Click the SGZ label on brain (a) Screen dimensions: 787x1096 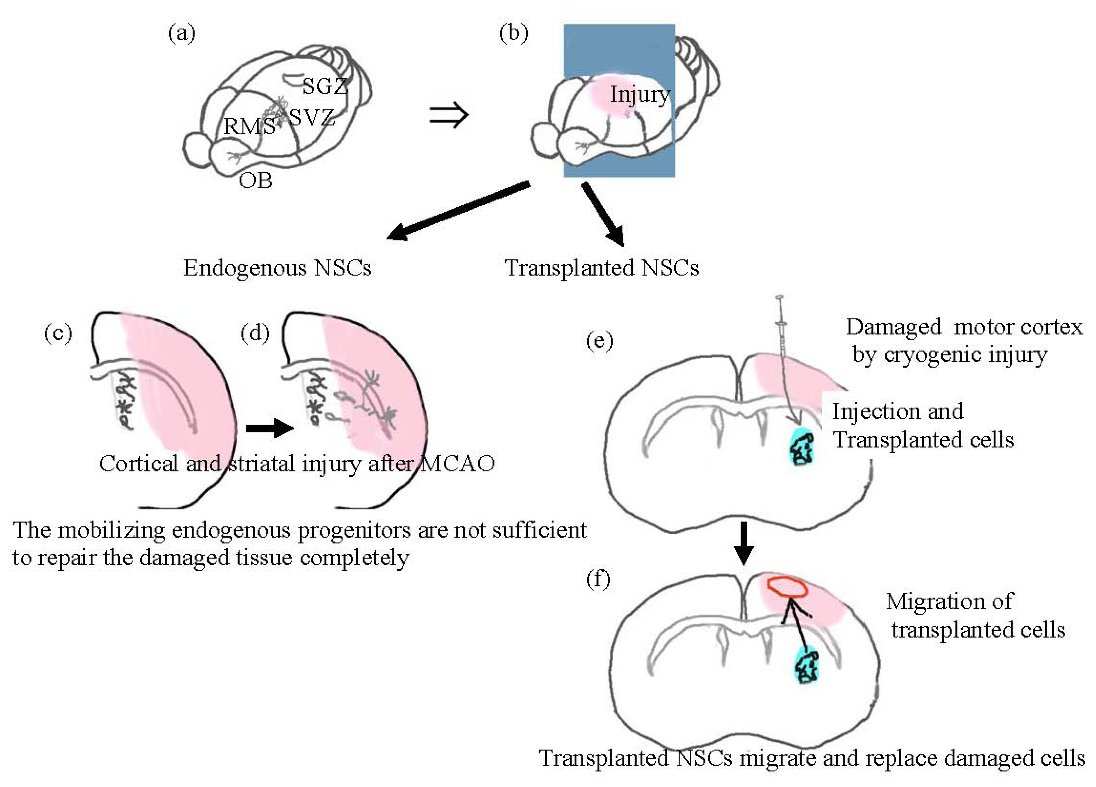pyautogui.click(x=325, y=86)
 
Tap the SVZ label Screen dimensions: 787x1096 pyautogui.click(x=312, y=117)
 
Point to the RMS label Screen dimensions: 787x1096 pyautogui.click(x=249, y=127)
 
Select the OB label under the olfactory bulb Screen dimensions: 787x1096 pyautogui.click(x=255, y=181)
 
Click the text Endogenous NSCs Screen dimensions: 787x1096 pyautogui.click(x=277, y=268)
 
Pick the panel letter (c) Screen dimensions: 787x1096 pyautogui.click(x=58, y=333)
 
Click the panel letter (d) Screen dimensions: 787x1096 pyautogui.click(x=255, y=333)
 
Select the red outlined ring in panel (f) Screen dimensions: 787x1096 pyautogui.click(x=787, y=587)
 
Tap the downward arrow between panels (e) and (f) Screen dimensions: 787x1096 pyautogui.click(x=744, y=543)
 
